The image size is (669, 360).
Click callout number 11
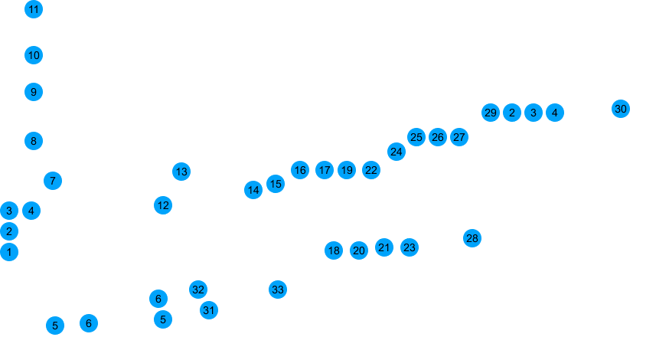34,10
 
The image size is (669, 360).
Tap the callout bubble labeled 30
621,110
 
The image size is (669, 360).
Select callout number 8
33,141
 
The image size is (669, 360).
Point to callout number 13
181,171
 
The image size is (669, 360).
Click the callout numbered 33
277,289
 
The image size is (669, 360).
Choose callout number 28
472,237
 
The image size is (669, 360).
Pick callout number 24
396,151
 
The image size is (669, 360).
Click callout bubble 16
299,169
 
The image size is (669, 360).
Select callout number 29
491,113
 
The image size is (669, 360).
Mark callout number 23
410,247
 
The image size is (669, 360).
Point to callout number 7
51,182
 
